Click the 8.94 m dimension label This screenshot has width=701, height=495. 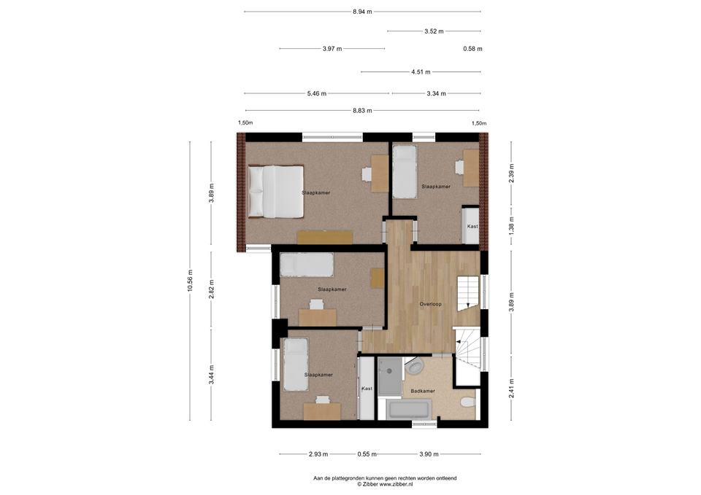pyautogui.click(x=362, y=12)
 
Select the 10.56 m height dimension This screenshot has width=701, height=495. pyautogui.click(x=190, y=281)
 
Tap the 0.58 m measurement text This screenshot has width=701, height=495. pyautogui.click(x=472, y=49)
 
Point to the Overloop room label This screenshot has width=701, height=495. pyautogui.click(x=430, y=304)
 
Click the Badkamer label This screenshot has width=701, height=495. pyautogui.click(x=423, y=391)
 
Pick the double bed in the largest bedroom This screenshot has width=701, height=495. pyautogui.click(x=276, y=192)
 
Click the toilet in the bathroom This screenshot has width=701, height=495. pyautogui.click(x=468, y=402)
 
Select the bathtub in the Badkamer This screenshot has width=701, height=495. pyautogui.click(x=410, y=409)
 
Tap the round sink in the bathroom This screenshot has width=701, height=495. pyautogui.click(x=415, y=367)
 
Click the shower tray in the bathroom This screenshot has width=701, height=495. pyautogui.click(x=390, y=376)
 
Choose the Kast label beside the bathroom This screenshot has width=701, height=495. pyautogui.click(x=367, y=389)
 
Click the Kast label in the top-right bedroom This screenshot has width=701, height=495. pyautogui.click(x=472, y=226)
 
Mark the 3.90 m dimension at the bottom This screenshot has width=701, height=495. pyautogui.click(x=429, y=454)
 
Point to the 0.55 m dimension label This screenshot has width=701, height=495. pyautogui.click(x=367, y=454)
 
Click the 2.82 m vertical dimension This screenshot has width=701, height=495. pyautogui.click(x=212, y=289)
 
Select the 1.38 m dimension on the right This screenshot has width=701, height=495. pyautogui.click(x=512, y=225)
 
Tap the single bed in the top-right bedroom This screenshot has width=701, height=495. pyautogui.click(x=405, y=171)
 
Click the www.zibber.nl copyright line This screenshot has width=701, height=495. pyautogui.click(x=385, y=484)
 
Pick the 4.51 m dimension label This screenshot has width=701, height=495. pyautogui.click(x=421, y=72)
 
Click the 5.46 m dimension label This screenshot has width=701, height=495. pyautogui.click(x=316, y=94)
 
